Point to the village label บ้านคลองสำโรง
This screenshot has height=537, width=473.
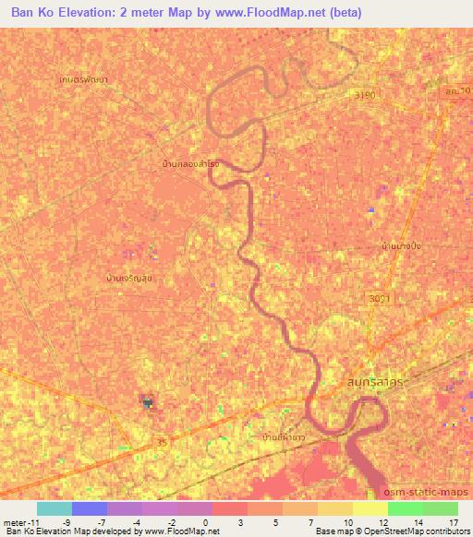pyautogui.click(x=190, y=163)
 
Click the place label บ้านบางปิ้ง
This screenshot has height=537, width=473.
pyautogui.click(x=407, y=246)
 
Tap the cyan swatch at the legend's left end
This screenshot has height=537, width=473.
pyautogui.click(x=54, y=508)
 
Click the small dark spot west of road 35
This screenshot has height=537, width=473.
pyautogui.click(x=146, y=400)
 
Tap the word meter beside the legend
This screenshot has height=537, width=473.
pyautogui.click(x=17, y=521)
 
